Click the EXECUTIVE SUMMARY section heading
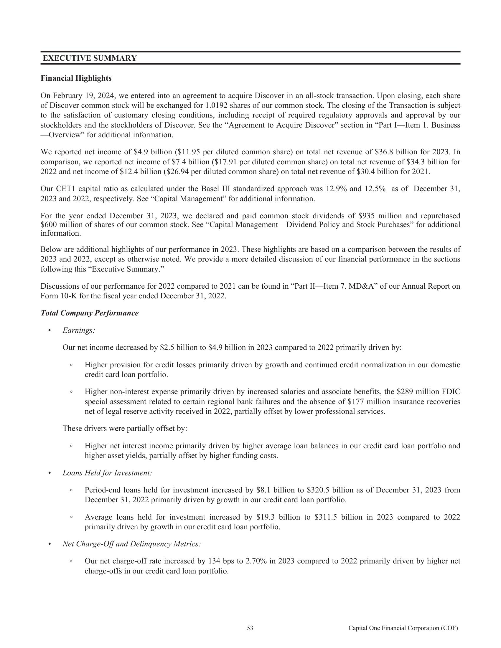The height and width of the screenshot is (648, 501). point(90,58)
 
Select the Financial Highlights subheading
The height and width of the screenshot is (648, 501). point(76,78)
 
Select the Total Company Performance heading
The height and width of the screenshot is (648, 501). point(90,313)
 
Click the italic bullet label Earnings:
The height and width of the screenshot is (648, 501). point(79,330)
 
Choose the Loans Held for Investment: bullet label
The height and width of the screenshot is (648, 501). point(107,473)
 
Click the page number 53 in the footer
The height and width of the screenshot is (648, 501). point(250,628)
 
